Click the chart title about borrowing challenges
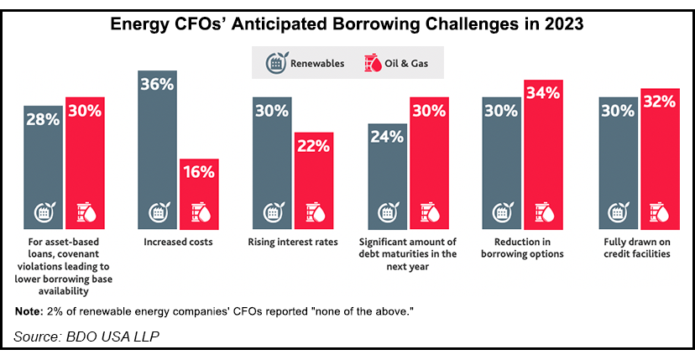[347, 24]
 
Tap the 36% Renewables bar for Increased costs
[157, 151]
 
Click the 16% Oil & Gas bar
[198, 194]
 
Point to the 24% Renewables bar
[388, 176]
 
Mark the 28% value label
[41, 119]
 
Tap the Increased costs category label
[177, 243]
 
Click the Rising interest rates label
[294, 243]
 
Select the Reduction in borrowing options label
[524, 248]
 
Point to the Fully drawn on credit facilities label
[640, 248]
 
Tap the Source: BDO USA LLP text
[86, 337]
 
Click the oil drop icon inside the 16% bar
[198, 213]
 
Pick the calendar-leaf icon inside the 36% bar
[157, 213]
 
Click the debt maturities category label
[409, 254]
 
